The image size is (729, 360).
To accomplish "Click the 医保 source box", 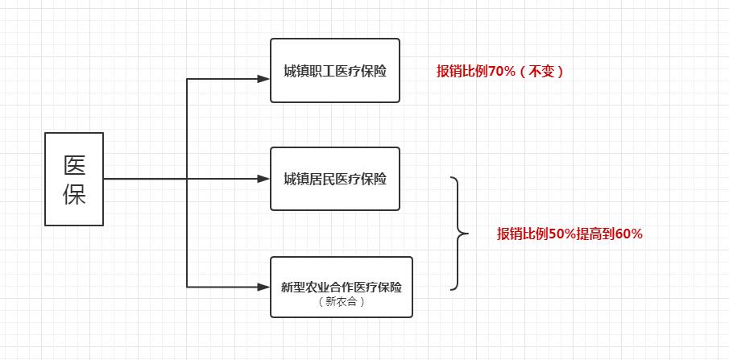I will (x=73, y=179).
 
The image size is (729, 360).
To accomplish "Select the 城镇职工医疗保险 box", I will (x=334, y=70).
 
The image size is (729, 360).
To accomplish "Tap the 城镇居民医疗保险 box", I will (x=334, y=178).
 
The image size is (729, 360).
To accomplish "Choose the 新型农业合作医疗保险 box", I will (x=342, y=286).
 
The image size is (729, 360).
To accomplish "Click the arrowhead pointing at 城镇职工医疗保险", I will (x=263, y=79).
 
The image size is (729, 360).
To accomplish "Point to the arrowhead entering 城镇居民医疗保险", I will (x=263, y=179).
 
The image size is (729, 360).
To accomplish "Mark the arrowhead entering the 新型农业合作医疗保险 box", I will (x=263, y=286).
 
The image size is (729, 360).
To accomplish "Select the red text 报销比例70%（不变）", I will (x=500, y=72).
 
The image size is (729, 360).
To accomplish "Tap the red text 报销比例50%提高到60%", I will (x=570, y=234).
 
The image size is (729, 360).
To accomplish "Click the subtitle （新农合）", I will (x=342, y=303).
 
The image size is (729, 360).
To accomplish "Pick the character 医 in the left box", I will (x=74, y=164).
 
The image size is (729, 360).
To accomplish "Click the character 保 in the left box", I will (x=74, y=194).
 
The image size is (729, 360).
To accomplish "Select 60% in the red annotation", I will (x=628, y=234).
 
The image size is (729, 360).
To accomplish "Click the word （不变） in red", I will (x=541, y=72).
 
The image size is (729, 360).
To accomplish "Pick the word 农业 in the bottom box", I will (x=319, y=287).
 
